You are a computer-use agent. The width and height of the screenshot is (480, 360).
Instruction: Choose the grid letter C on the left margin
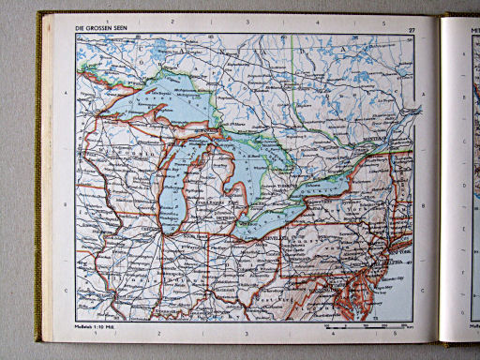[x=64, y=289]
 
